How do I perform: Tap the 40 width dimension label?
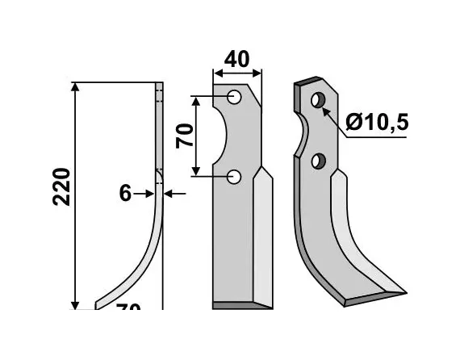click(237, 59)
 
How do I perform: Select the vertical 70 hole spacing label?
click(184, 135)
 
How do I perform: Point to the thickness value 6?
click(124, 194)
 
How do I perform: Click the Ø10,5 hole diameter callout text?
click(377, 123)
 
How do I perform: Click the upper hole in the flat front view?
click(235, 98)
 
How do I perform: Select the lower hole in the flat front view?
click(234, 176)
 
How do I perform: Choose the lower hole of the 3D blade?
click(320, 161)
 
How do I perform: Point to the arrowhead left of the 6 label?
click(149, 194)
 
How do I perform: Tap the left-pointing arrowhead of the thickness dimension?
click(168, 194)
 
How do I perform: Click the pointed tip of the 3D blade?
click(403, 290)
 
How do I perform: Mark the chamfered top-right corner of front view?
click(257, 94)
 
